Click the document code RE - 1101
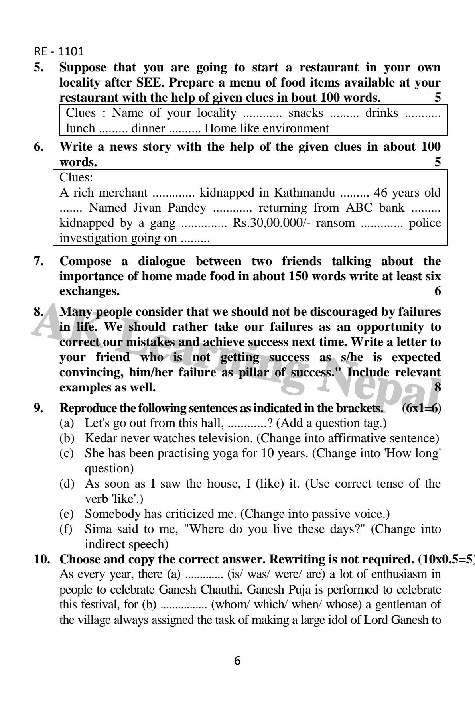59,51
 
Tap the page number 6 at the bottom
237,661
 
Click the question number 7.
39,261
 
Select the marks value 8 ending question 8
438,387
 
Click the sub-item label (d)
67,484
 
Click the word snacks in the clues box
306,113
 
